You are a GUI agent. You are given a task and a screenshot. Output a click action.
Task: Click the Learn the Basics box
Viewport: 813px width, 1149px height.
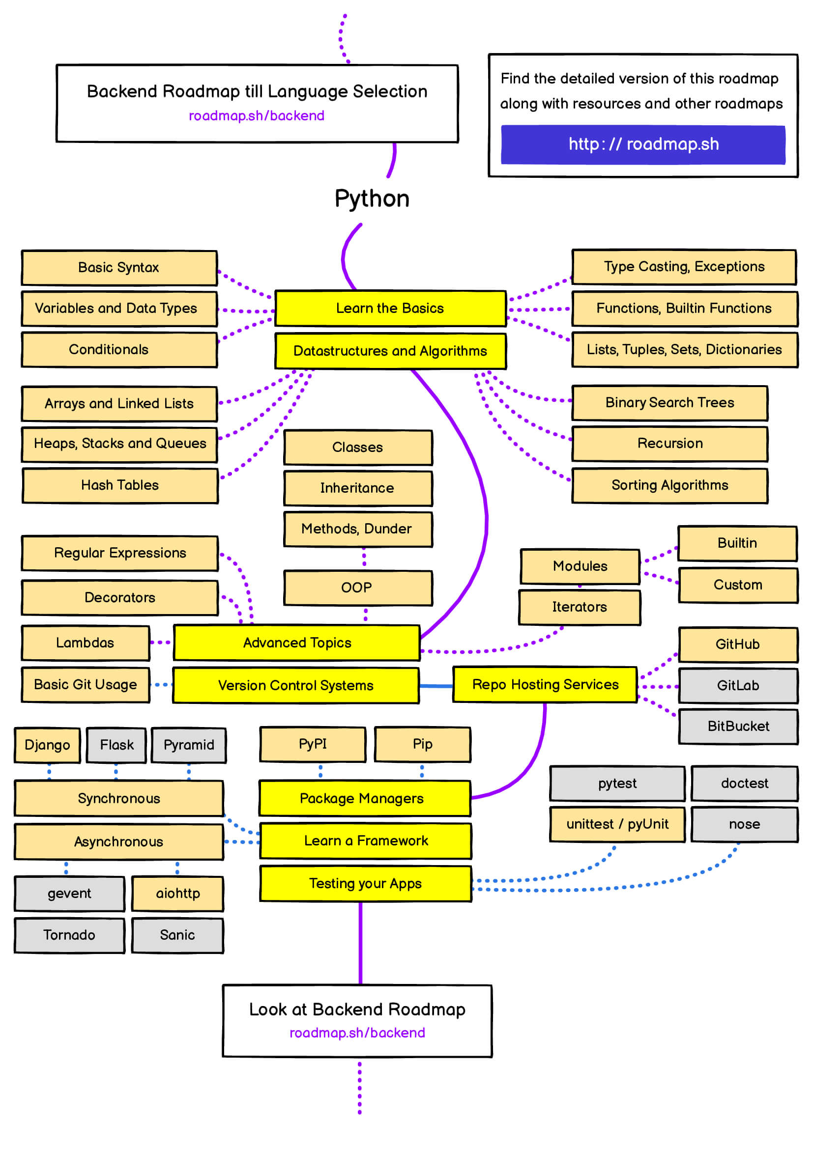(390, 308)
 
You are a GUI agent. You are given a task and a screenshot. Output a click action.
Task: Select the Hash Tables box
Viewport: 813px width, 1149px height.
(120, 485)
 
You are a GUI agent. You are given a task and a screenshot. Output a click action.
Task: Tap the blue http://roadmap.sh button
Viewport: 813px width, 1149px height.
(643, 144)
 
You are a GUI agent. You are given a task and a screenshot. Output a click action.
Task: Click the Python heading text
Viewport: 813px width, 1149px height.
(372, 199)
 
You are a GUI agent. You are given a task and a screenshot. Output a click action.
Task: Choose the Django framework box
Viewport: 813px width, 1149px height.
(48, 745)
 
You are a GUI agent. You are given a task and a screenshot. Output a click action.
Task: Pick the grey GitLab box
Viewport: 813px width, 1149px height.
(738, 686)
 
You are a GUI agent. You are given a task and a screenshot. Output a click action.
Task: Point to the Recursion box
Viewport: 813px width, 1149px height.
(670, 444)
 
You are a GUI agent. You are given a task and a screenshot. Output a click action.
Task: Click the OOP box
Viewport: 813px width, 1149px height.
(358, 588)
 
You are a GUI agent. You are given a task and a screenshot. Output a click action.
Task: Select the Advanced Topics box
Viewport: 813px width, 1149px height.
(297, 643)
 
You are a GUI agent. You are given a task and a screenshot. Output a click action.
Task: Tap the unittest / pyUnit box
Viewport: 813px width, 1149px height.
(617, 824)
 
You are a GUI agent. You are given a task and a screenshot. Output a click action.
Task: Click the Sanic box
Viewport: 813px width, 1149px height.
(178, 935)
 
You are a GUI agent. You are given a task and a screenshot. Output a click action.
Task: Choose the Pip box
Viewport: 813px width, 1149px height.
(423, 745)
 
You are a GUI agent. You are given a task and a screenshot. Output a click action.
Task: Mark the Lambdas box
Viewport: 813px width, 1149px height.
(86, 643)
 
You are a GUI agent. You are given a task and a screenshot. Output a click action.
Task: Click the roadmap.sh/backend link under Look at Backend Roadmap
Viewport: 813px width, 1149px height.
(357, 1033)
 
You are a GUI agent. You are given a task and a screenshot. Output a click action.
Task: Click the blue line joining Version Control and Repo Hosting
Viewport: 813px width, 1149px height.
(436, 686)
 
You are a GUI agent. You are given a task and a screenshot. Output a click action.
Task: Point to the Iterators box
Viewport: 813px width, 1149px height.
(580, 608)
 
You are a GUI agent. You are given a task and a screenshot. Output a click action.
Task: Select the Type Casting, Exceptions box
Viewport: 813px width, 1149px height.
(684, 267)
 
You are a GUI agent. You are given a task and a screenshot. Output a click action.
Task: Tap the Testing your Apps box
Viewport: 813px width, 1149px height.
(365, 884)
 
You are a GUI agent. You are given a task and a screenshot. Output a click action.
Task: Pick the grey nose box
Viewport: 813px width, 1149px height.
(744, 824)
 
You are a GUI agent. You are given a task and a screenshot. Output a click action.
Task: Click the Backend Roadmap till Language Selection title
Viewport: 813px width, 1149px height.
(257, 91)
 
